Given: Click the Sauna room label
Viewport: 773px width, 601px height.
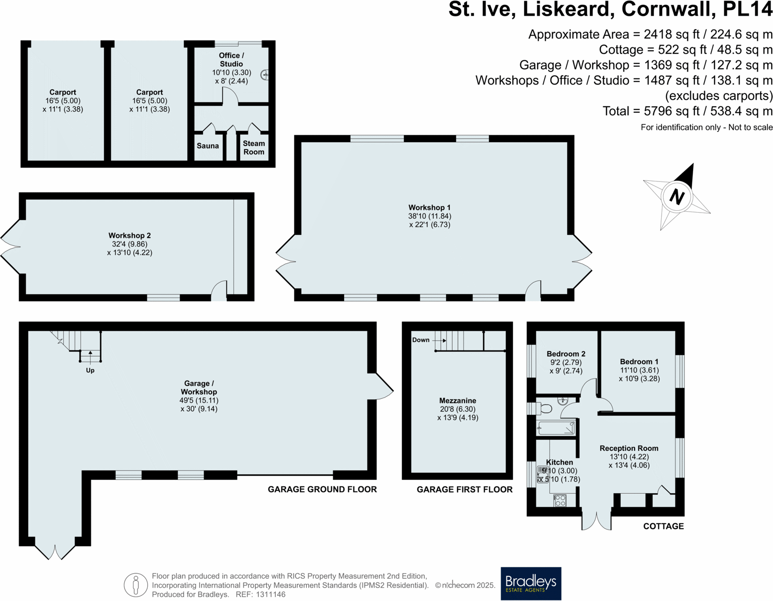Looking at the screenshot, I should (x=208, y=146).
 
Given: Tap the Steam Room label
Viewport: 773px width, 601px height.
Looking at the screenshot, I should (x=253, y=148).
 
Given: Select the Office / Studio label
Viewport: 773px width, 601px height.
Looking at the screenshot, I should (x=231, y=59).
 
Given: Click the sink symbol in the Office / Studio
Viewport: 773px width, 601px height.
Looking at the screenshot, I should (x=265, y=74).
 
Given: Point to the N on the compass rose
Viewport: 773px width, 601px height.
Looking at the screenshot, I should (x=677, y=197).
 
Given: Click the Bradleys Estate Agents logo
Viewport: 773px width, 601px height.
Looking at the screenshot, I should (x=531, y=583).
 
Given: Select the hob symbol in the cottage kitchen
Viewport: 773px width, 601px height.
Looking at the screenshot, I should (x=560, y=500).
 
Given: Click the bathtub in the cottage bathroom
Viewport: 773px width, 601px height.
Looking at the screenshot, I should (x=556, y=428).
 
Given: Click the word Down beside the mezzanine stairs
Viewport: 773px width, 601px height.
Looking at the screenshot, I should (x=421, y=340).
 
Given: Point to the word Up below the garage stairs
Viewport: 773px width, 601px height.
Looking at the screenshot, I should (x=90, y=370).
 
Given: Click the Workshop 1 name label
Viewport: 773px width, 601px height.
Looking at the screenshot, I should (x=429, y=207).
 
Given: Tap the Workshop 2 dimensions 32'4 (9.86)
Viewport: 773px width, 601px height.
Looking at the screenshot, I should (x=130, y=244).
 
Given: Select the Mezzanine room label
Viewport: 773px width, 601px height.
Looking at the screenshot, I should (x=458, y=401).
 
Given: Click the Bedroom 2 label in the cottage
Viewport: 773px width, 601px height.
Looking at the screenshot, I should (x=566, y=354).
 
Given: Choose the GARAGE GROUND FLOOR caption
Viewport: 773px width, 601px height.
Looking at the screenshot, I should (x=322, y=489).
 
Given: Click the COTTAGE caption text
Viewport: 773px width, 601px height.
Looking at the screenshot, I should (x=663, y=526).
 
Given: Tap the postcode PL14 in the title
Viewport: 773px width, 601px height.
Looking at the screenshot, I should (x=747, y=9).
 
